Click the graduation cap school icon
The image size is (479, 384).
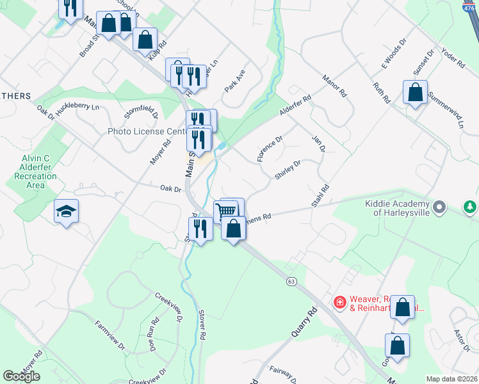(x=66, y=211)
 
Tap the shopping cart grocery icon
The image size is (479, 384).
(x=225, y=211)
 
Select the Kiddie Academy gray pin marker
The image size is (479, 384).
(x=439, y=207)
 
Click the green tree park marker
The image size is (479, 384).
(x=471, y=207)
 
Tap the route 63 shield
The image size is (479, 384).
(x=291, y=281)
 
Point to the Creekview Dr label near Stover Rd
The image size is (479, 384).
(x=169, y=307)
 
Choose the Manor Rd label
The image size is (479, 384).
(x=334, y=84)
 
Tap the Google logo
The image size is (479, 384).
(x=22, y=376)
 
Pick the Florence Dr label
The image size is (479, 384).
(x=270, y=148)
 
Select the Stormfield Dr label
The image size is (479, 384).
(x=142, y=114)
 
